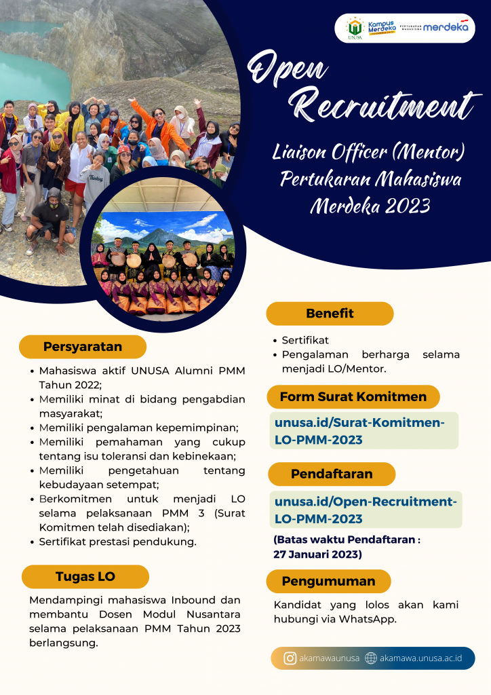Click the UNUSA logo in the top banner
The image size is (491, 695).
355,29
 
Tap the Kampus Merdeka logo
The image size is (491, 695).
382,28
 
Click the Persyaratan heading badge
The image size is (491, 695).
83,347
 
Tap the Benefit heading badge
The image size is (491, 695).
330,314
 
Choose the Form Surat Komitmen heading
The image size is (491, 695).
353,397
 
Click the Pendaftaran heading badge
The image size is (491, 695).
332,474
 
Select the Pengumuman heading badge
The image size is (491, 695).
328,582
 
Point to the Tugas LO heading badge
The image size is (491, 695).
85,577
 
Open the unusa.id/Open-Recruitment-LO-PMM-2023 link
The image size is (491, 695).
366,510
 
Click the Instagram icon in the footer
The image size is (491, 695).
290,658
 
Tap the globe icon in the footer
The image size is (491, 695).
370,658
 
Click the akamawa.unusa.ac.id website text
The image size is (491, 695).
420,658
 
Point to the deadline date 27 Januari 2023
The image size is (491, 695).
317,555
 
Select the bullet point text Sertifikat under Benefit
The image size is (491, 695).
305,340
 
